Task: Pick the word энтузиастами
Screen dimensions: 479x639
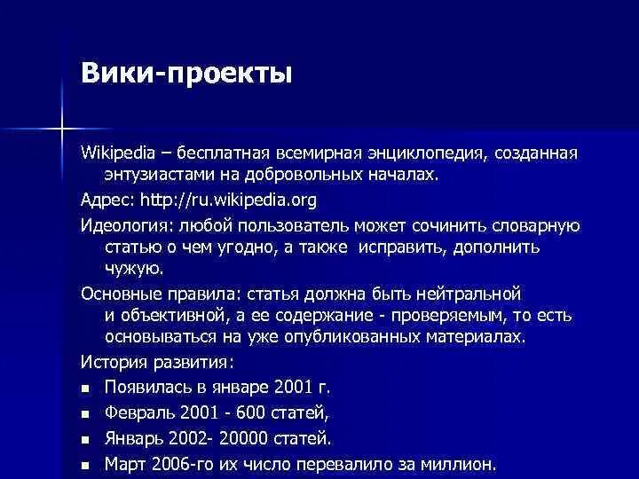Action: (156, 174)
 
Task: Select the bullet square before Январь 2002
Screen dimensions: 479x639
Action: (85, 439)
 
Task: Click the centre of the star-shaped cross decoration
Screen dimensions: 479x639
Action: (62, 126)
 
